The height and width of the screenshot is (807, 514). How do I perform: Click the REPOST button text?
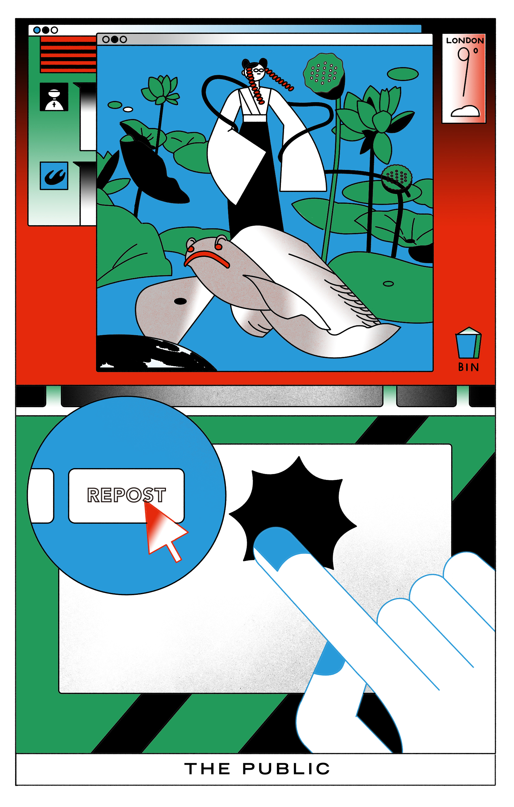coord(126,495)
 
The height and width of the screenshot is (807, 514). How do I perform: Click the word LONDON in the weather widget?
coord(465,41)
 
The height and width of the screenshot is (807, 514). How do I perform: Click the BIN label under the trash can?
coord(468,367)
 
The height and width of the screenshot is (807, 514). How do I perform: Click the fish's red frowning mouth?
coord(207,259)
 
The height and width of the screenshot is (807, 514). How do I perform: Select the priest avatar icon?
coord(54,97)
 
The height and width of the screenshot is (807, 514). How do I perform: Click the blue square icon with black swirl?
coord(54,176)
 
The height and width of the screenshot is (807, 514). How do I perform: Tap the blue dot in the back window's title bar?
coord(37,30)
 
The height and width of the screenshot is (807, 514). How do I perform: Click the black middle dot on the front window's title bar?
coord(114,39)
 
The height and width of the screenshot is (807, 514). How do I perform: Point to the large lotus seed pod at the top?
coord(323,74)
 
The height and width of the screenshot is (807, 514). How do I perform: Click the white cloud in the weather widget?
coord(466,111)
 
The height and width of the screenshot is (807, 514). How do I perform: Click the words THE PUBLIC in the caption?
coord(257,769)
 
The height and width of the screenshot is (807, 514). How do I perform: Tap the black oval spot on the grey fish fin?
coord(180,301)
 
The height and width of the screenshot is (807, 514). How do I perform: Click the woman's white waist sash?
coord(255,118)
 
